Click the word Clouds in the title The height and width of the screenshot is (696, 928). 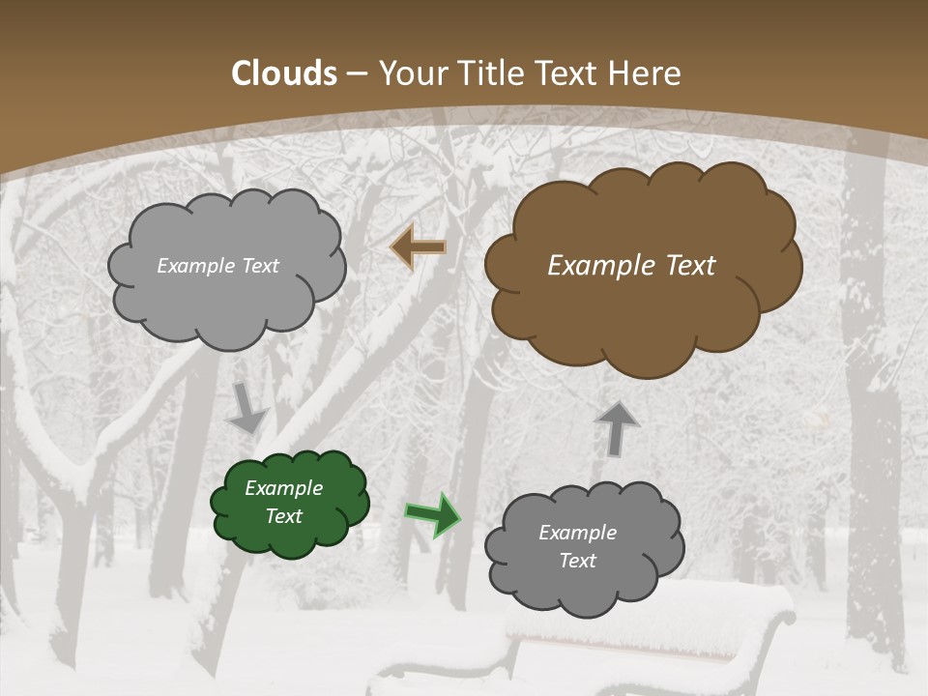[283, 73]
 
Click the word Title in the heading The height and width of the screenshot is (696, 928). [490, 73]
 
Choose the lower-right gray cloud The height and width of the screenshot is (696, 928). [580, 590]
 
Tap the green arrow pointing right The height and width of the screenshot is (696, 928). [434, 514]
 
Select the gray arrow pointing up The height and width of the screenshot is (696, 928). [617, 427]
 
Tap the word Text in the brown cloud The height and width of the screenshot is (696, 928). [687, 266]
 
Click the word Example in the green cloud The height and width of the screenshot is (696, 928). [283, 488]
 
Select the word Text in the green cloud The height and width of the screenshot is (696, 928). [283, 516]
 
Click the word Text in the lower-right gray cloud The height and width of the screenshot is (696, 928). [577, 561]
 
